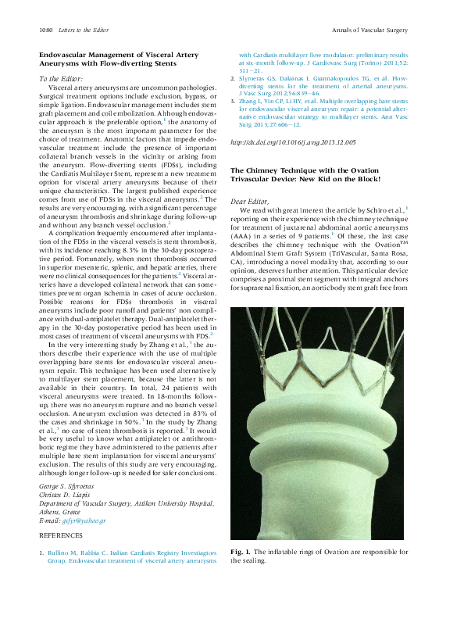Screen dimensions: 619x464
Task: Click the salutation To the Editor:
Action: (60, 78)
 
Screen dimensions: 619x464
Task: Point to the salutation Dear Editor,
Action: (252, 202)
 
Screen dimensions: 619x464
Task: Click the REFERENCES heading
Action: (60, 535)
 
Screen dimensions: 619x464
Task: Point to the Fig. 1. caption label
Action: (243, 552)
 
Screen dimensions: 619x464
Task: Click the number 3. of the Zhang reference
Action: (233, 101)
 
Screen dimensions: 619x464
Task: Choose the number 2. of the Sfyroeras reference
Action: (233, 79)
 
